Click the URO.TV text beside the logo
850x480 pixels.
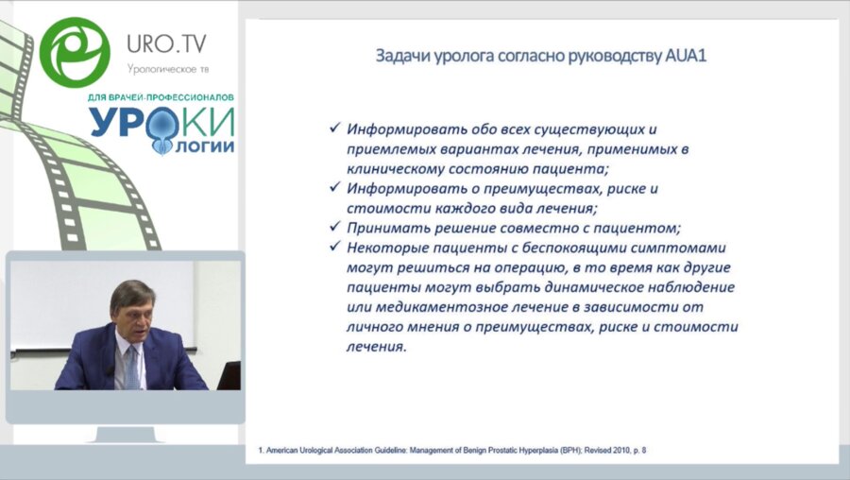click(x=166, y=43)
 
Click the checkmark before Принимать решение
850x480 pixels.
click(x=333, y=228)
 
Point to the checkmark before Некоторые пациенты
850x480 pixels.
click(x=333, y=248)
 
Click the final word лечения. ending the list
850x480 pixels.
click(x=377, y=347)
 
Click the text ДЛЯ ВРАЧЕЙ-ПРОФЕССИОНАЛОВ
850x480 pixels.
click(x=161, y=97)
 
